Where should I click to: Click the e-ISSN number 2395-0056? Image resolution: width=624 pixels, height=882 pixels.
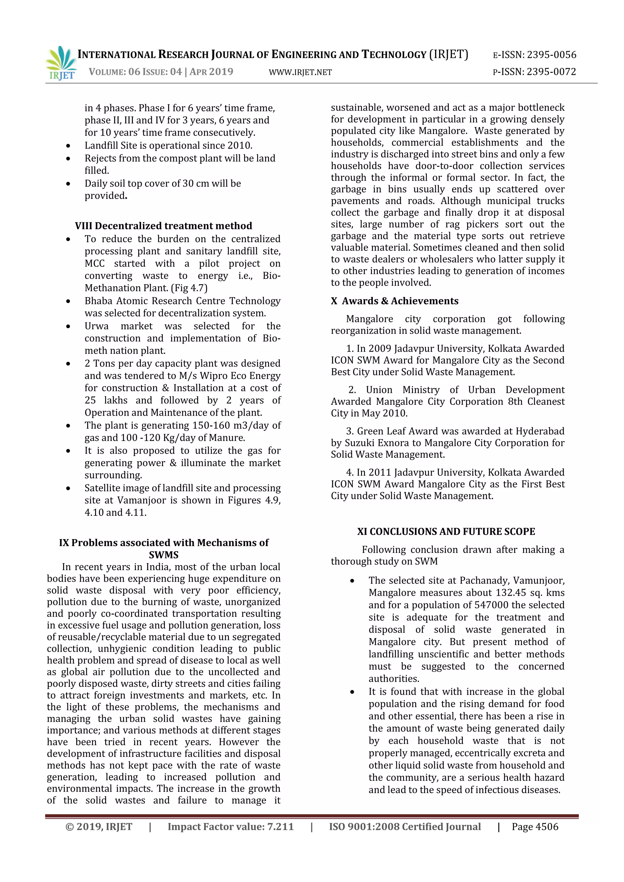click(551, 55)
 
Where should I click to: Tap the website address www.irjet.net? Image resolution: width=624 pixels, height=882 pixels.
click(300, 72)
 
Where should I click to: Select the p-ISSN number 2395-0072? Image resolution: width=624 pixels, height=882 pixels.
click(551, 72)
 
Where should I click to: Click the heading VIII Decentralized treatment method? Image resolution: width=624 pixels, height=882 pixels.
click(163, 226)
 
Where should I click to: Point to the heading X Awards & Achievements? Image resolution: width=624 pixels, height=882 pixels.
click(395, 301)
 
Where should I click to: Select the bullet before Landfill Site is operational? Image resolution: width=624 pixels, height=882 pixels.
click(68, 146)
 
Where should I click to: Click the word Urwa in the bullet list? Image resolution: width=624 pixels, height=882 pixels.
click(97, 326)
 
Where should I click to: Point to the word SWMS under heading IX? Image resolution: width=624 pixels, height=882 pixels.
click(163, 555)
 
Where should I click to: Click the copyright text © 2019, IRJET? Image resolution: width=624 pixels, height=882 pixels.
click(99, 827)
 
